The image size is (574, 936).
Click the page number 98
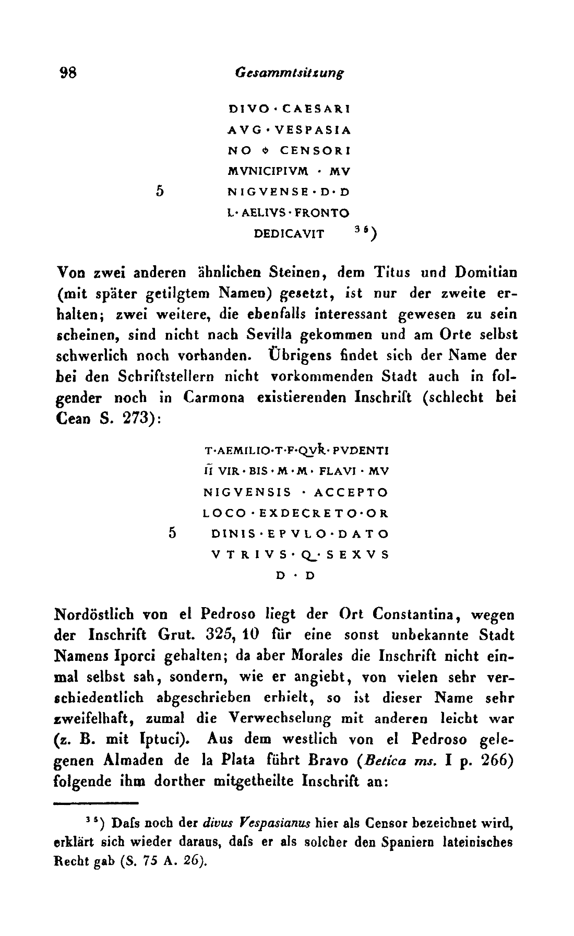coord(69,73)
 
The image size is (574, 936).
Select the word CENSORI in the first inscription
coord(315,150)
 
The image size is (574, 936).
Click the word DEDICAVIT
coord(289,233)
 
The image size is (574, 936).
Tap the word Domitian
coord(485,272)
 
